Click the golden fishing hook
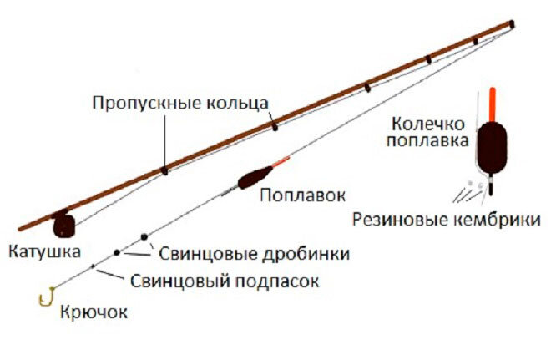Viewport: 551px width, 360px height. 48,297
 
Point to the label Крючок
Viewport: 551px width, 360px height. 94,312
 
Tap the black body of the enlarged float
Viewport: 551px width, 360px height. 488,147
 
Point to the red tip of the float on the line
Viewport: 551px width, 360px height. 281,161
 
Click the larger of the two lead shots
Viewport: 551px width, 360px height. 144,238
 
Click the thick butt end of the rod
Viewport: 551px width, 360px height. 25,226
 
